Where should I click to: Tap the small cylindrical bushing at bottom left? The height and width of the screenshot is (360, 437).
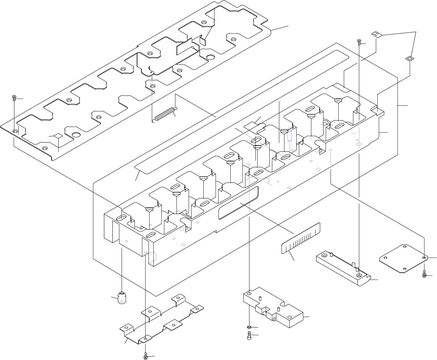click(x=122, y=298)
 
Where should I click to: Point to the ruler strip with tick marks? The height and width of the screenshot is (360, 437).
click(x=301, y=238)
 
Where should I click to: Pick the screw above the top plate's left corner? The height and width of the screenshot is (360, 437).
click(x=14, y=98)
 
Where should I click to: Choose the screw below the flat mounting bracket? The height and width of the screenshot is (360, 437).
click(x=146, y=356)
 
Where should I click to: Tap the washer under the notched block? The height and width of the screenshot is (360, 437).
click(x=249, y=327)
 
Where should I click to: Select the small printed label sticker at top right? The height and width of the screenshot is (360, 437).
click(x=376, y=35)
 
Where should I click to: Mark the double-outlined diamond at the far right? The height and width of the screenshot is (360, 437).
click(x=409, y=58)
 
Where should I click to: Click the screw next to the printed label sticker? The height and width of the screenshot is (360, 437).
click(x=359, y=42)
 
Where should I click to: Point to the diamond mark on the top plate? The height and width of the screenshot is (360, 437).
click(x=58, y=136)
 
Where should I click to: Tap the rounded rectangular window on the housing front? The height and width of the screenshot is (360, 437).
click(x=239, y=203)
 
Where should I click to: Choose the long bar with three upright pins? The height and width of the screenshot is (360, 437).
click(x=343, y=268)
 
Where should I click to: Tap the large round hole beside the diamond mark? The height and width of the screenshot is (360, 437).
click(x=76, y=134)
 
